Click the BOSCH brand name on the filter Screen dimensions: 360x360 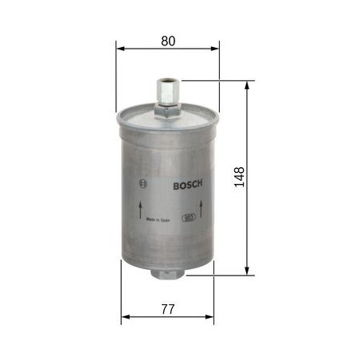tap(188, 184)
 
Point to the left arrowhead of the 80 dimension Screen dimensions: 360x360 tap(121, 48)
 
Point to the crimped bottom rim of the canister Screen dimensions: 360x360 tap(169, 261)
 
